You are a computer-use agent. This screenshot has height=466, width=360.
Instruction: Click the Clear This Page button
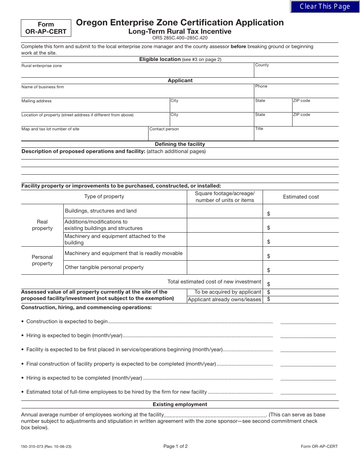tap(325, 6)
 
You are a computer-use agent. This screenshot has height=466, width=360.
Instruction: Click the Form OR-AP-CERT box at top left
tap(46, 28)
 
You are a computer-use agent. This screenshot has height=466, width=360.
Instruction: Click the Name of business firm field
tap(137, 92)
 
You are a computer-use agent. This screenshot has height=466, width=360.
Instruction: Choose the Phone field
tap(296, 92)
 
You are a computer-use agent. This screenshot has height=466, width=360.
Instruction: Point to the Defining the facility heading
tap(180, 144)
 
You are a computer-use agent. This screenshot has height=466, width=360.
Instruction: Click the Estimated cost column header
tap(301, 197)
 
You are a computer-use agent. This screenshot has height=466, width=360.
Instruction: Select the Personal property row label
tap(42, 260)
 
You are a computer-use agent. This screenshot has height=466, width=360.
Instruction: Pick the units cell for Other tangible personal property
tap(225, 267)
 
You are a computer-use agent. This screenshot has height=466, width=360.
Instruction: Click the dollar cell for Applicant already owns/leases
tap(303, 299)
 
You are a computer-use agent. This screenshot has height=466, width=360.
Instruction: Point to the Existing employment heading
tap(180, 404)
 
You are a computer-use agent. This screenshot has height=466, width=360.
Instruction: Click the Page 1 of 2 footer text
tap(175, 446)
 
